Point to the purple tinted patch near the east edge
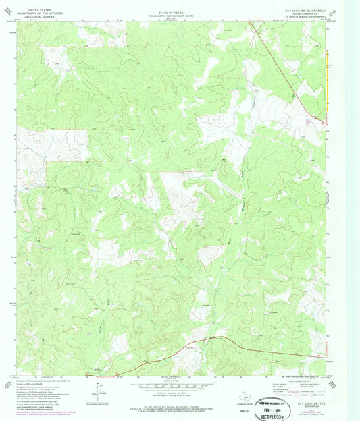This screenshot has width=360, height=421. [x=310, y=121]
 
